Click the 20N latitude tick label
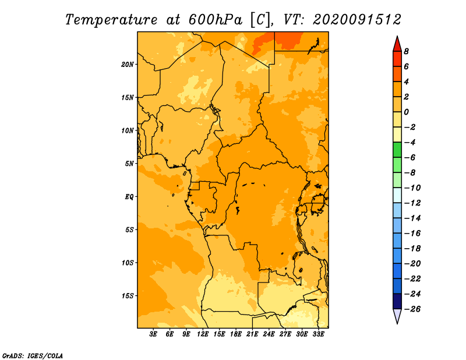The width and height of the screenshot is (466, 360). [x=128, y=65]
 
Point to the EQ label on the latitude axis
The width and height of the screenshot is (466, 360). [x=129, y=197]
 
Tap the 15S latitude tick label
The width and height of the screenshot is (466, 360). [x=128, y=296]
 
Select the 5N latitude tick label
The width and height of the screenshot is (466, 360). [x=129, y=164]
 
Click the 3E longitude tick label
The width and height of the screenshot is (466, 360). [x=153, y=334]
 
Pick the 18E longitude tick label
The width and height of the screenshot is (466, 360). [x=236, y=334]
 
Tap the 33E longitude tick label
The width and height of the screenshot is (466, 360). [x=318, y=334]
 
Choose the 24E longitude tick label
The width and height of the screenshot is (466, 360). [x=269, y=334]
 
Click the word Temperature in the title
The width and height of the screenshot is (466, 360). [x=111, y=20]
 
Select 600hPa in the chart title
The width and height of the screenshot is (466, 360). [x=215, y=20]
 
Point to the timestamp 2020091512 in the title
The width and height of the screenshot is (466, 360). [x=357, y=20]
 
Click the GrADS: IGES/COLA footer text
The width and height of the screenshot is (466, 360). [x=33, y=356]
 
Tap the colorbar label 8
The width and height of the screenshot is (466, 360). [x=406, y=51]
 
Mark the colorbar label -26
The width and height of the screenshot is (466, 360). [x=413, y=309]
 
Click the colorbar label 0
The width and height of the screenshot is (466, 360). [x=406, y=112]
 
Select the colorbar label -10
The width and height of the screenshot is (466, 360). [x=413, y=188]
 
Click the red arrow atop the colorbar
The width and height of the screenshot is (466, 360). [x=397, y=45]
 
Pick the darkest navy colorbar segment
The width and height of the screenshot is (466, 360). [x=397, y=301]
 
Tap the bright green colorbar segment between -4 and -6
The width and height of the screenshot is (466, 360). [x=397, y=150]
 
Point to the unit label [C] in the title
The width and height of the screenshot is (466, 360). [x=260, y=20]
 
